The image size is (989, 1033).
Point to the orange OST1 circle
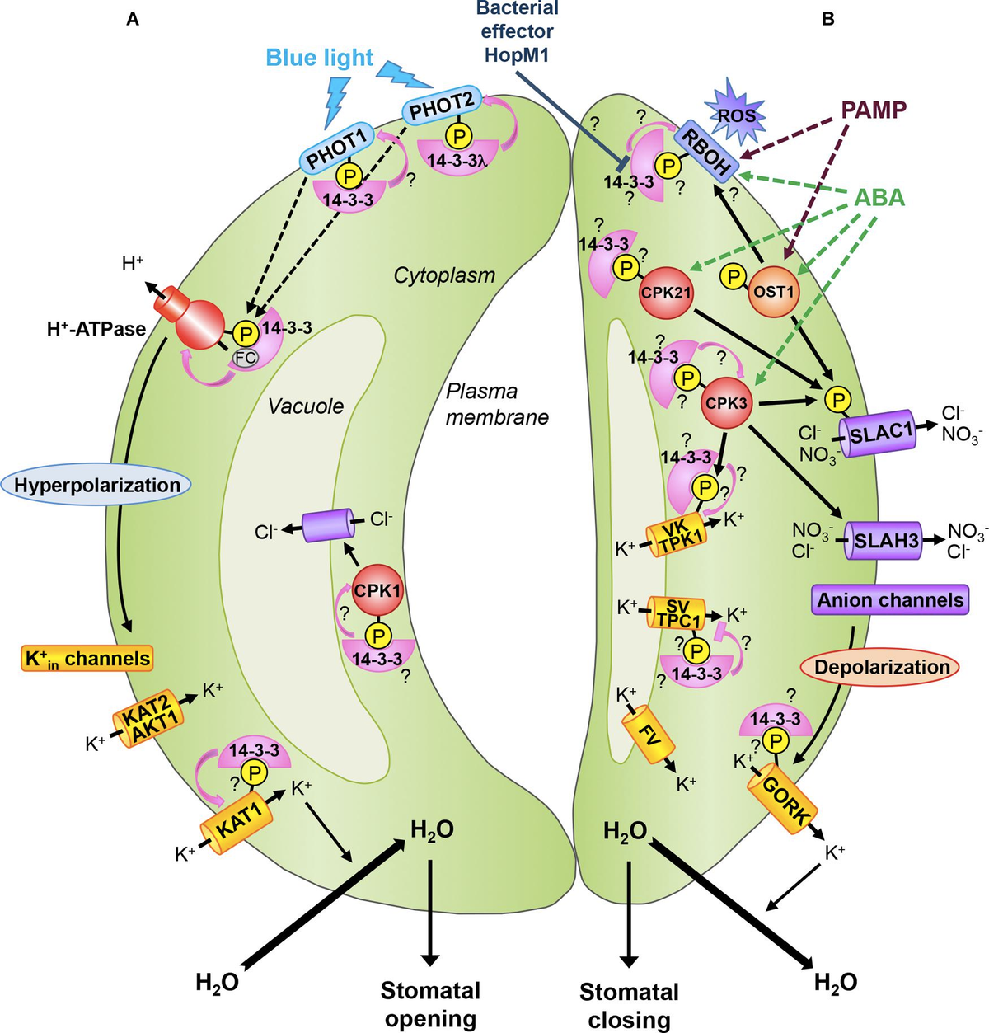[x=776, y=291]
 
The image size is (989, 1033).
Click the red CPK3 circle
[x=725, y=404]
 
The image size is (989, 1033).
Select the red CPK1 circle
[x=377, y=591]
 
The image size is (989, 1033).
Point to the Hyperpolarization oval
[x=96, y=486]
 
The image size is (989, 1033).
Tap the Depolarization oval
[x=879, y=667]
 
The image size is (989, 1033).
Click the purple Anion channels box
[x=890, y=600]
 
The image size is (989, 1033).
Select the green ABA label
[x=878, y=198]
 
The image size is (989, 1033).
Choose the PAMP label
[x=874, y=109]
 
